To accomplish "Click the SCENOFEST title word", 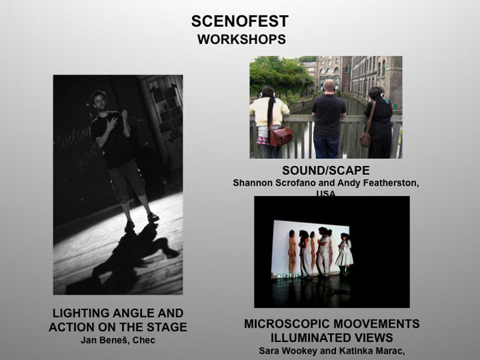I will [239, 21].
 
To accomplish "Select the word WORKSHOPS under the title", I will [241, 39].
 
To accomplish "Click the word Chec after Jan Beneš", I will [144, 340].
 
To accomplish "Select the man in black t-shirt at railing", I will [328, 117].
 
